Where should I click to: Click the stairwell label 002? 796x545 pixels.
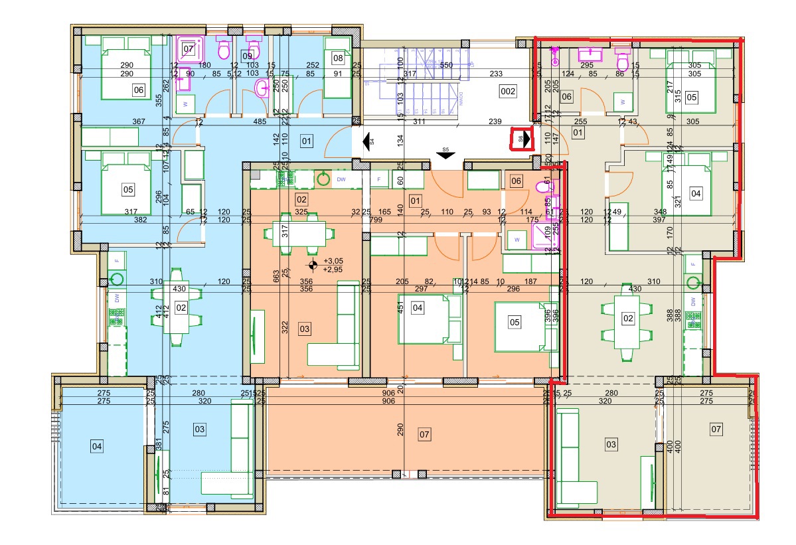click(507, 91)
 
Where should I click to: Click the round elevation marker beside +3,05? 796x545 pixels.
click(312, 266)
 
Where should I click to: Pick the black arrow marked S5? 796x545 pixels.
click(445, 155)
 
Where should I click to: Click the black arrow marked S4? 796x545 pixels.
click(366, 141)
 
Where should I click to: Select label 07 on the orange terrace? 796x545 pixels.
click(425, 435)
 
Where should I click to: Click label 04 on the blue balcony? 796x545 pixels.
click(97, 446)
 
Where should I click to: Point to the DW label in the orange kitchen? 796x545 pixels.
click(341, 179)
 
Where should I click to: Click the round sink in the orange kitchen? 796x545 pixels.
click(323, 179)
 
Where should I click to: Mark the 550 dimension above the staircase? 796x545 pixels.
click(446, 66)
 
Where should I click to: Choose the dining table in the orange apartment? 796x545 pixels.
click(295, 234)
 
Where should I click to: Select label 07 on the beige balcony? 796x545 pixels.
click(716, 429)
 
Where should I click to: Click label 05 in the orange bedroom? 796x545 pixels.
click(514, 322)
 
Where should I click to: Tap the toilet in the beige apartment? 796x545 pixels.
click(623, 61)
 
